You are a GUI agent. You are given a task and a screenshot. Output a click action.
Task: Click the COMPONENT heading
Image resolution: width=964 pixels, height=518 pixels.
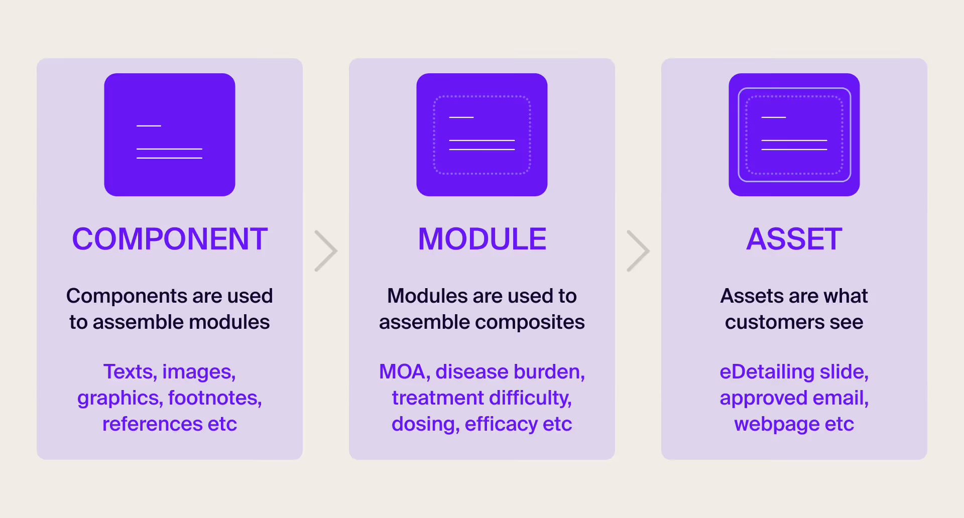point(170,239)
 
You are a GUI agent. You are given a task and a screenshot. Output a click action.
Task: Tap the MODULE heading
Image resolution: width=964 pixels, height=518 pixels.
point(482,239)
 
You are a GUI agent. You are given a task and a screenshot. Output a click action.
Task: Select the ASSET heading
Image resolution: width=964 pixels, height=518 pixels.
point(794,239)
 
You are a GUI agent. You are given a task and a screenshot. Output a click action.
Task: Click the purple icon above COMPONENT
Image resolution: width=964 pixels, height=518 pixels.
point(170,135)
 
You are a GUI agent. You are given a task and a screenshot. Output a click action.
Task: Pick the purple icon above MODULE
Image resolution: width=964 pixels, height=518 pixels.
point(482,135)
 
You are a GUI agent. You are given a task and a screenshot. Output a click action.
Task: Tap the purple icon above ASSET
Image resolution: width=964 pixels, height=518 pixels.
point(794,135)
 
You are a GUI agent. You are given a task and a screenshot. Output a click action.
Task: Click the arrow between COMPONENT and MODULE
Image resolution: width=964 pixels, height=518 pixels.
point(326,251)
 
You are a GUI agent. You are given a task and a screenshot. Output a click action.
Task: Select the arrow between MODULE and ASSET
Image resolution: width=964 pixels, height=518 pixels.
point(638,251)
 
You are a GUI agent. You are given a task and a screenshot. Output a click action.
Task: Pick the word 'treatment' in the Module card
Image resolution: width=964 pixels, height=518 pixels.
point(430,398)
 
